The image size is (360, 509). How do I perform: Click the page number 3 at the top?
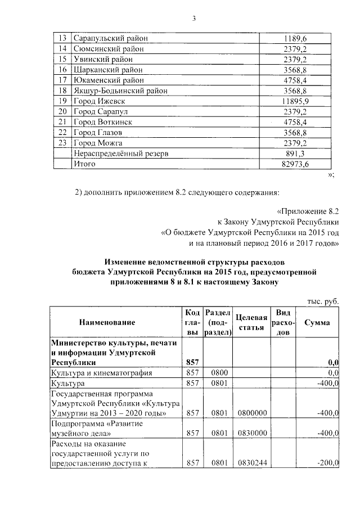coord(193,19)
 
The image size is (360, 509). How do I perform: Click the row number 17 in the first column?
coord(62,80)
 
